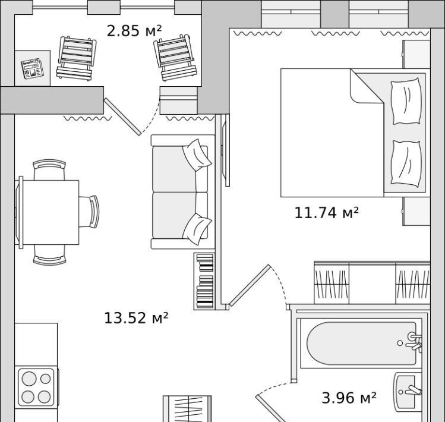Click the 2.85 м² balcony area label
click(134, 31)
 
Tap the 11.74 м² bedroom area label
click(326, 213)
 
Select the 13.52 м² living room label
click(136, 318)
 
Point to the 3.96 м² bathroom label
click(349, 398)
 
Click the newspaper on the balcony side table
click(33, 68)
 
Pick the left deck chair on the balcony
click(76, 58)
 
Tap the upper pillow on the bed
click(406, 101)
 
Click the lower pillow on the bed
click(406, 163)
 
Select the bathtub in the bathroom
click(361, 344)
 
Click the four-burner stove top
click(36, 388)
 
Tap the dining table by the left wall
click(49, 212)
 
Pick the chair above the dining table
click(49, 169)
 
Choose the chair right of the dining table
click(89, 212)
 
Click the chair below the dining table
click(50, 255)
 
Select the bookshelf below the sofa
click(204, 281)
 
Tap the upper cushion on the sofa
click(197, 155)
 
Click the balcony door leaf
click(122, 116)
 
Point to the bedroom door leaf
click(250, 285)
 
